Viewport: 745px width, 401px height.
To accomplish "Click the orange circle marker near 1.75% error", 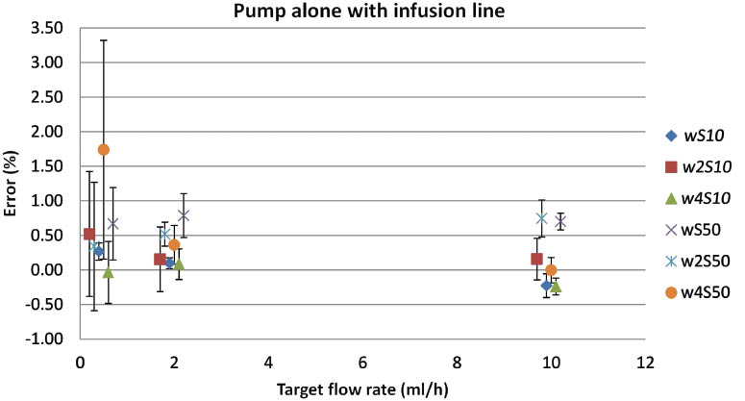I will tap(104, 149).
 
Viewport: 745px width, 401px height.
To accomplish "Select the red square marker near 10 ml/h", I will tap(536, 259).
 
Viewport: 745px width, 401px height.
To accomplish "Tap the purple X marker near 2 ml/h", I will tap(184, 214).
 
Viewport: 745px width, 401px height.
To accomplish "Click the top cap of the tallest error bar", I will tap(104, 40).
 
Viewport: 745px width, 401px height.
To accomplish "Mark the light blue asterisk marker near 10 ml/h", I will tap(541, 218).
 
